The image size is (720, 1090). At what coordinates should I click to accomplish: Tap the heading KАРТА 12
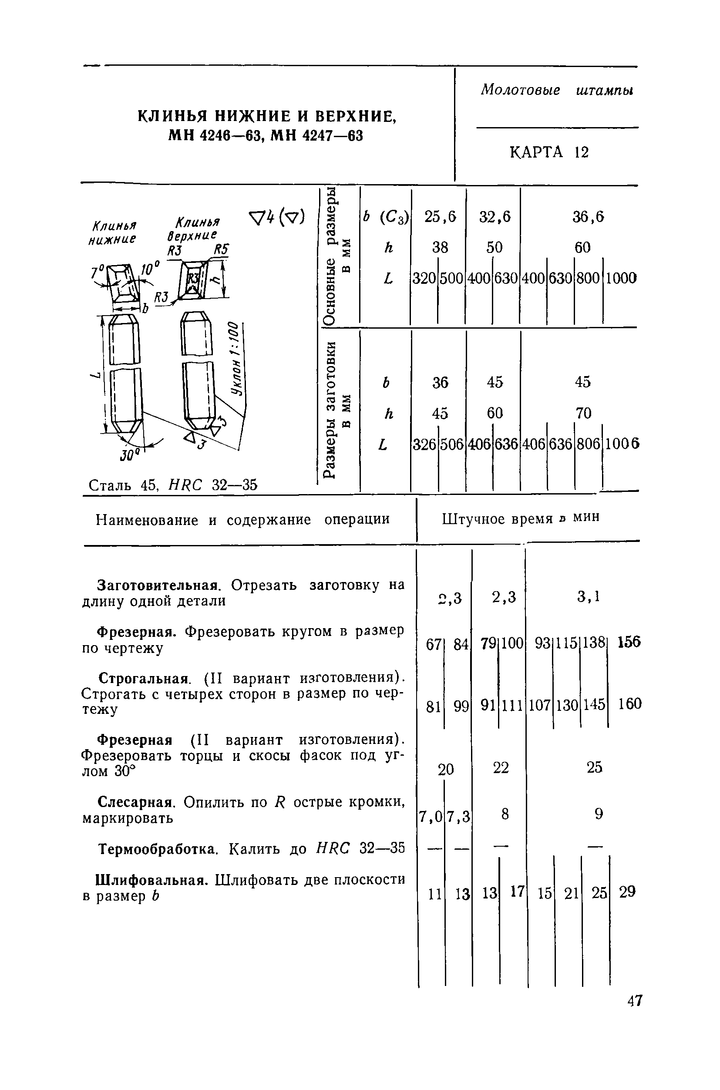tap(549, 152)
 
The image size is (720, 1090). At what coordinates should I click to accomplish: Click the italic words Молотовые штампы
tap(556, 90)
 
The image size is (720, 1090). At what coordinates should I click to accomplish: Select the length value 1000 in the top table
tap(621, 278)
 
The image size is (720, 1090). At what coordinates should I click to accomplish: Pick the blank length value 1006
tap(622, 444)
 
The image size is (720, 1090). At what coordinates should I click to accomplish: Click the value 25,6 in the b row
tap(440, 217)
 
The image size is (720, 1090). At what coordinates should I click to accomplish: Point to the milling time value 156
tap(629, 642)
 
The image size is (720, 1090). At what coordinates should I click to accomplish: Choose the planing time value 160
tap(629, 704)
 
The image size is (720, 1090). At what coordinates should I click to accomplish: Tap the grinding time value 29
tap(627, 892)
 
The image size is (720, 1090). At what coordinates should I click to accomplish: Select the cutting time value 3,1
tap(589, 596)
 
